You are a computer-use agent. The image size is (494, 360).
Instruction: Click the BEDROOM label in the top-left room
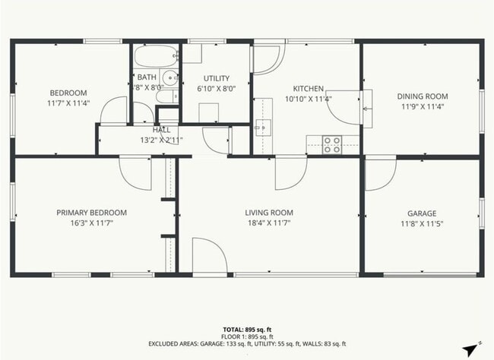click(68, 92)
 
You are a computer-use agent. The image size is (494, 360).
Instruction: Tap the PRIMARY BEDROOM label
click(91, 213)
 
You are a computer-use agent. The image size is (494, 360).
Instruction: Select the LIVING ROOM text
click(268, 213)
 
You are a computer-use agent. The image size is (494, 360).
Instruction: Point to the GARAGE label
click(421, 213)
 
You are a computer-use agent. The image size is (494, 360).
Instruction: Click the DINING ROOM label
click(422, 96)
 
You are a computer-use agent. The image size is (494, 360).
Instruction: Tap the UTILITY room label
click(216, 78)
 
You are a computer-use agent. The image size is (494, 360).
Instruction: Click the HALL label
click(161, 130)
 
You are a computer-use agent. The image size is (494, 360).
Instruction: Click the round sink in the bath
click(170, 77)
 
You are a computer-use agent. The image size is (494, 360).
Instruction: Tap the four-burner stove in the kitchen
click(331, 144)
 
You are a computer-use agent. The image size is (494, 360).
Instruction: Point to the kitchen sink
click(264, 127)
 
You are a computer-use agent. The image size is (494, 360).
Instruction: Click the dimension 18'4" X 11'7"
click(268, 223)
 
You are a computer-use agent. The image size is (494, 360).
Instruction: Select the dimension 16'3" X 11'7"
click(91, 223)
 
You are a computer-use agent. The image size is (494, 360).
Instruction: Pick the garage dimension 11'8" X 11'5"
click(421, 224)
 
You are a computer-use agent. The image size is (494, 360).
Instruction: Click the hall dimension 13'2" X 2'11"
click(161, 140)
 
